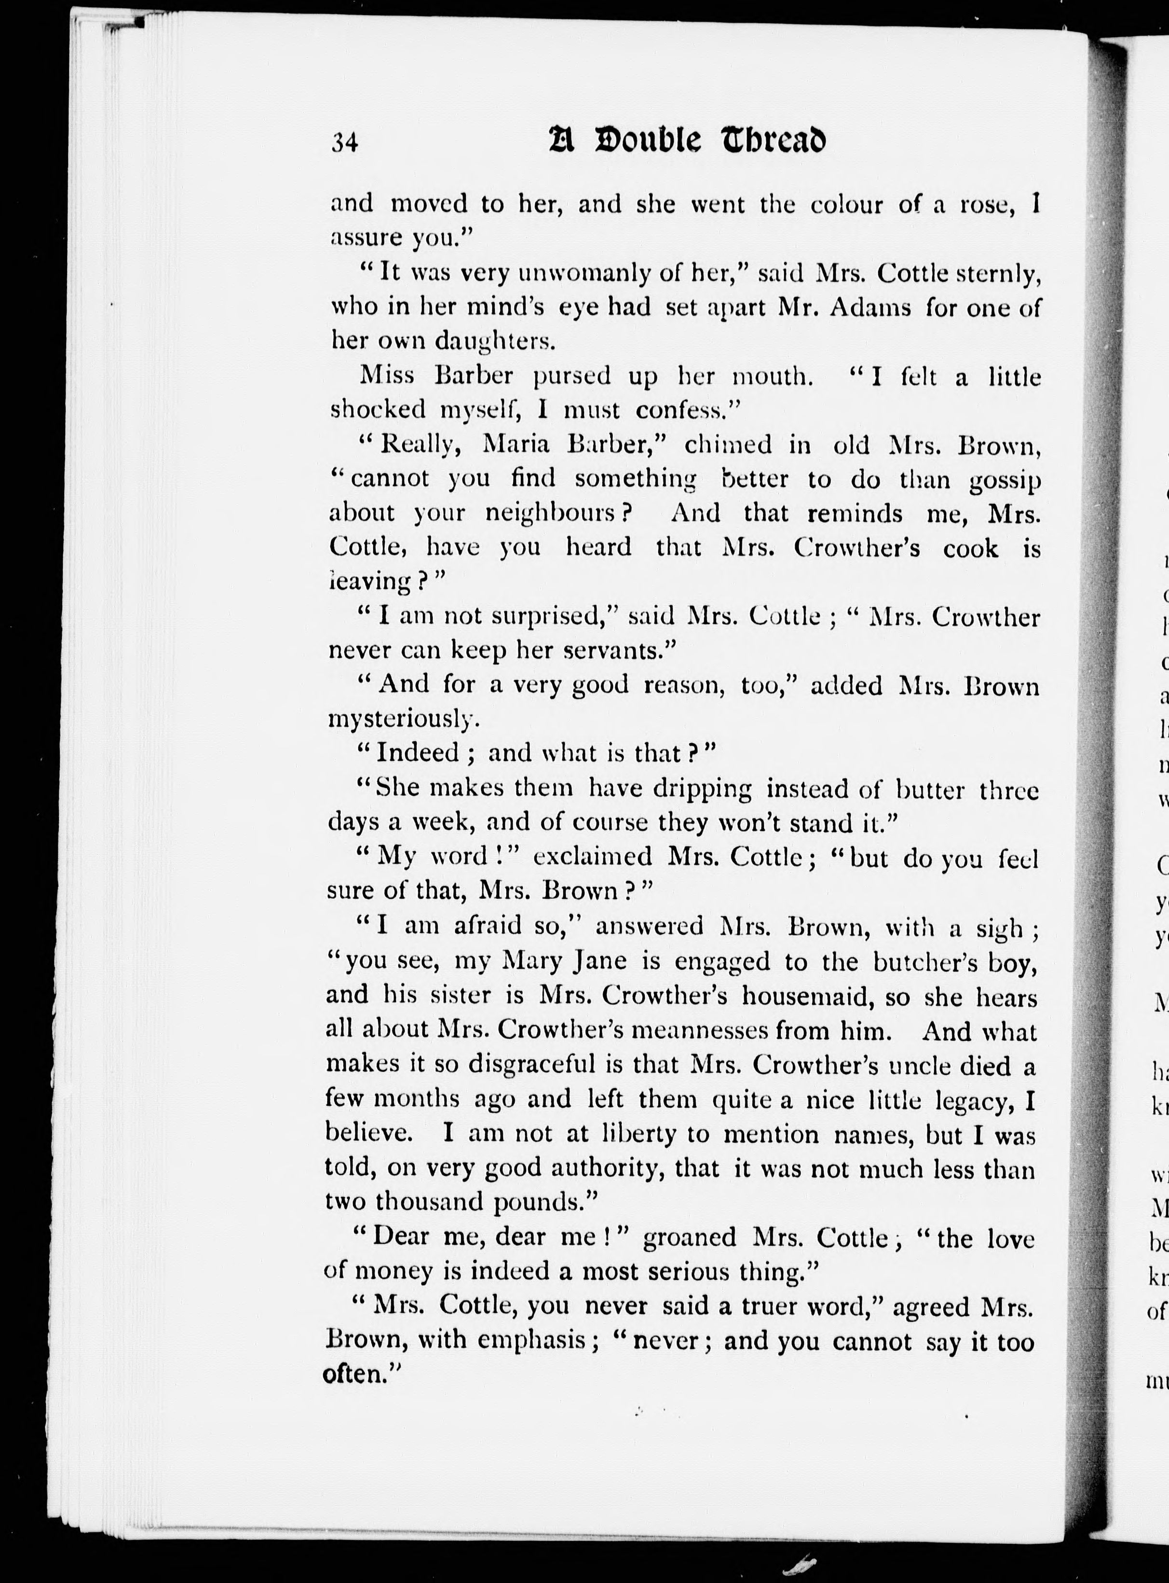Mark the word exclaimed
pos(592,857)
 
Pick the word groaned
pos(690,1237)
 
